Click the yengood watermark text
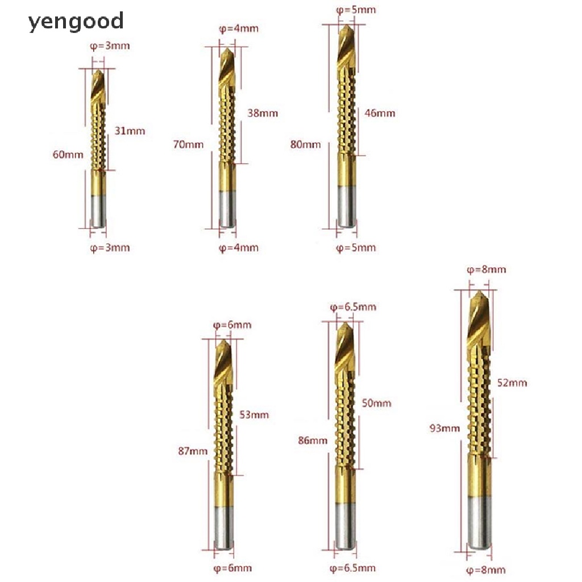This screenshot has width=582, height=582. [x=76, y=22]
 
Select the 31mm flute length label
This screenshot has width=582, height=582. [x=130, y=131]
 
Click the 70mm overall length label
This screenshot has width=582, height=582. [x=188, y=144]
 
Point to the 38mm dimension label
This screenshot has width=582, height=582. [x=263, y=113]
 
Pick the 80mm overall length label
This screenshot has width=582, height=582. [x=305, y=144]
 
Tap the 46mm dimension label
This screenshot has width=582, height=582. [x=380, y=113]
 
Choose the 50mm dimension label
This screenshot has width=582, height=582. [x=376, y=403]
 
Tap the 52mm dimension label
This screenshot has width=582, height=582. [x=512, y=383]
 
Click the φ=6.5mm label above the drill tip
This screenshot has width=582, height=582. [x=353, y=307]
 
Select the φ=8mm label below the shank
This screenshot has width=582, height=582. [x=486, y=569]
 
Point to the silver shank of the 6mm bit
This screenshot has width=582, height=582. [x=223, y=527]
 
